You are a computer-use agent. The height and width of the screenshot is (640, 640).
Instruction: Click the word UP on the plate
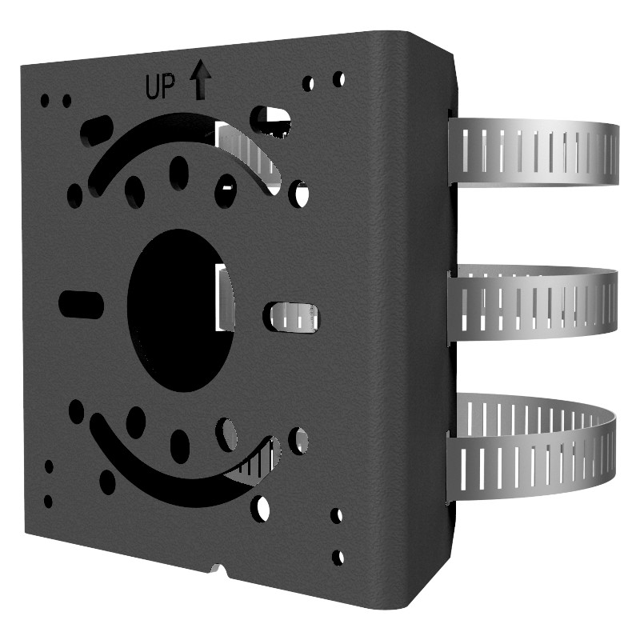click(x=159, y=86)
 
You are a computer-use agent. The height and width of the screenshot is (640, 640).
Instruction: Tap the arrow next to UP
click(x=199, y=82)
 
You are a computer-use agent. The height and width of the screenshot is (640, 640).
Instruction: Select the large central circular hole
click(x=181, y=310)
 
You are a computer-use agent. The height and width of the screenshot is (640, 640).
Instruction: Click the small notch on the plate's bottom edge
click(x=215, y=570)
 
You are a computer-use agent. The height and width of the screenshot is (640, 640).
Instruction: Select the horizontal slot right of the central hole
click(x=292, y=317)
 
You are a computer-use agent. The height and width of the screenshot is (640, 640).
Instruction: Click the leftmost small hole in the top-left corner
click(x=45, y=101)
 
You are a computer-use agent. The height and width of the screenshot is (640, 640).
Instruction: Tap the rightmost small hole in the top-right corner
click(x=338, y=79)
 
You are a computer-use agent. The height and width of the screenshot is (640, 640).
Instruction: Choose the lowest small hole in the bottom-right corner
click(x=338, y=557)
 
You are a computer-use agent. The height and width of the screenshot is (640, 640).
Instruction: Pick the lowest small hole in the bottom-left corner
click(x=48, y=502)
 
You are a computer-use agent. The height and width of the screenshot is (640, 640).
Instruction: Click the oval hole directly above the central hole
click(x=179, y=173)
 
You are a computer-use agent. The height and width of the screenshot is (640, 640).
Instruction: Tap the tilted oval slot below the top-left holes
click(x=97, y=129)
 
